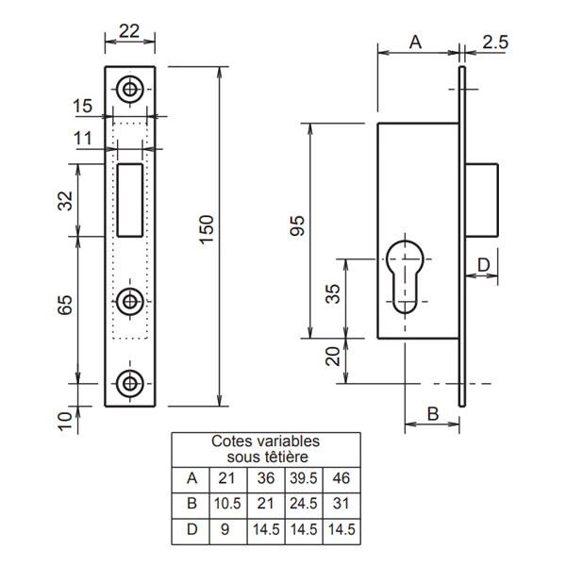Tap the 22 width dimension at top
click(x=129, y=30)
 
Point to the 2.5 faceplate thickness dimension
click(x=495, y=41)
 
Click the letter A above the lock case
click(x=416, y=41)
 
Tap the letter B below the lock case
click(x=431, y=413)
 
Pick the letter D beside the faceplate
click(x=482, y=265)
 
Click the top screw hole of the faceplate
click(x=129, y=90)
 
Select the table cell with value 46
click(x=340, y=477)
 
